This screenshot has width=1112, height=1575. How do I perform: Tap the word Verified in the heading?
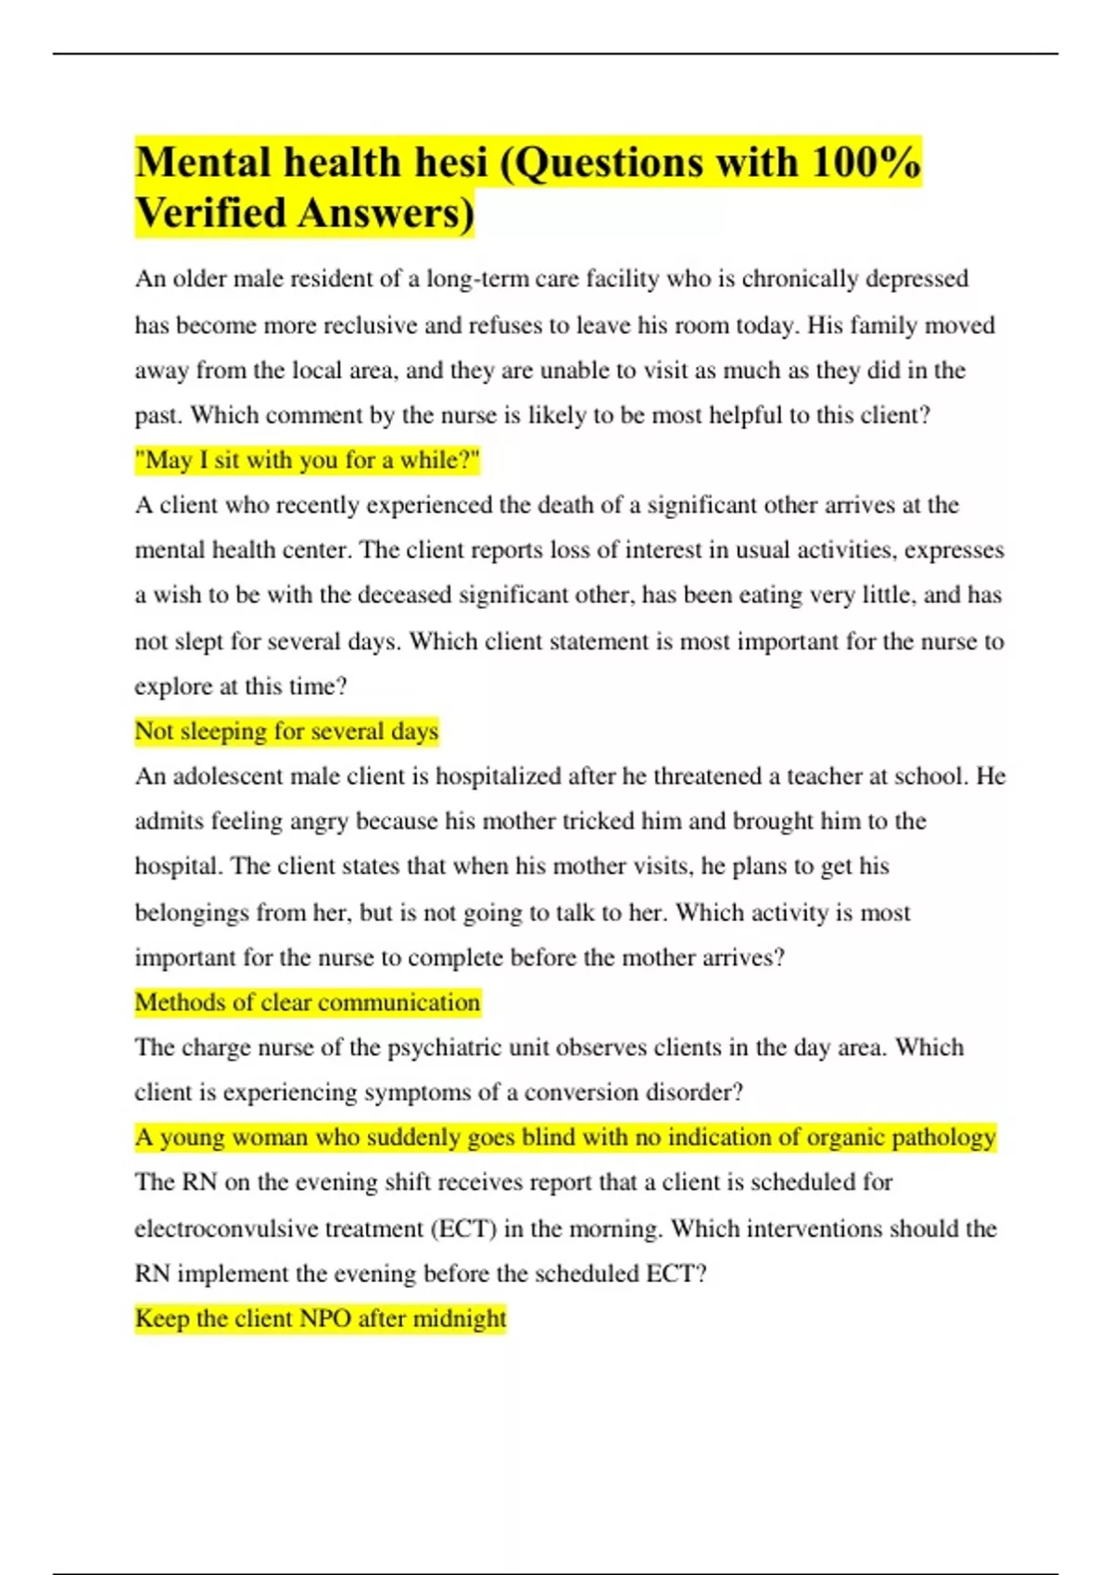point(210,213)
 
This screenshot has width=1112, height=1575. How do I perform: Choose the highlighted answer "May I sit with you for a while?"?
point(308,460)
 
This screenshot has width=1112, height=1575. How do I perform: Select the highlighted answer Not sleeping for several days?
point(286,731)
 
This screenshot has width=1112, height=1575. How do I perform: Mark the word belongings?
point(192,913)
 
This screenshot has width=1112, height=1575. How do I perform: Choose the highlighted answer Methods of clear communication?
point(308,1002)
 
